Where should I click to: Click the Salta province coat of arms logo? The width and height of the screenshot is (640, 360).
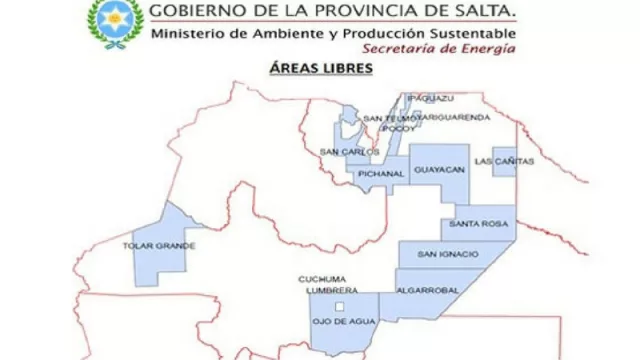(115, 23)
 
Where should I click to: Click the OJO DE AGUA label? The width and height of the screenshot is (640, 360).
(344, 321)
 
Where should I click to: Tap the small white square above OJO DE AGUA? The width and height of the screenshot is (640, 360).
(340, 305)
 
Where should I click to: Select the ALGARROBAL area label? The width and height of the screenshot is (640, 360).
(427, 289)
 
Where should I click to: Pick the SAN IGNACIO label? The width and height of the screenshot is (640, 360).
(448, 254)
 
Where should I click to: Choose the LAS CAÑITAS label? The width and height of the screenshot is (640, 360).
(504, 161)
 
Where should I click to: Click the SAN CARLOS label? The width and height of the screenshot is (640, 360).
(349, 151)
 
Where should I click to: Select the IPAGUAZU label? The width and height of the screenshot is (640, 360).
(431, 98)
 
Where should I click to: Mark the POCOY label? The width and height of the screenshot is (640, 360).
(397, 128)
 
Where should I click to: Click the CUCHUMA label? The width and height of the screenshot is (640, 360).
(322, 278)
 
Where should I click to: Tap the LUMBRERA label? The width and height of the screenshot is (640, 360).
(325, 289)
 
